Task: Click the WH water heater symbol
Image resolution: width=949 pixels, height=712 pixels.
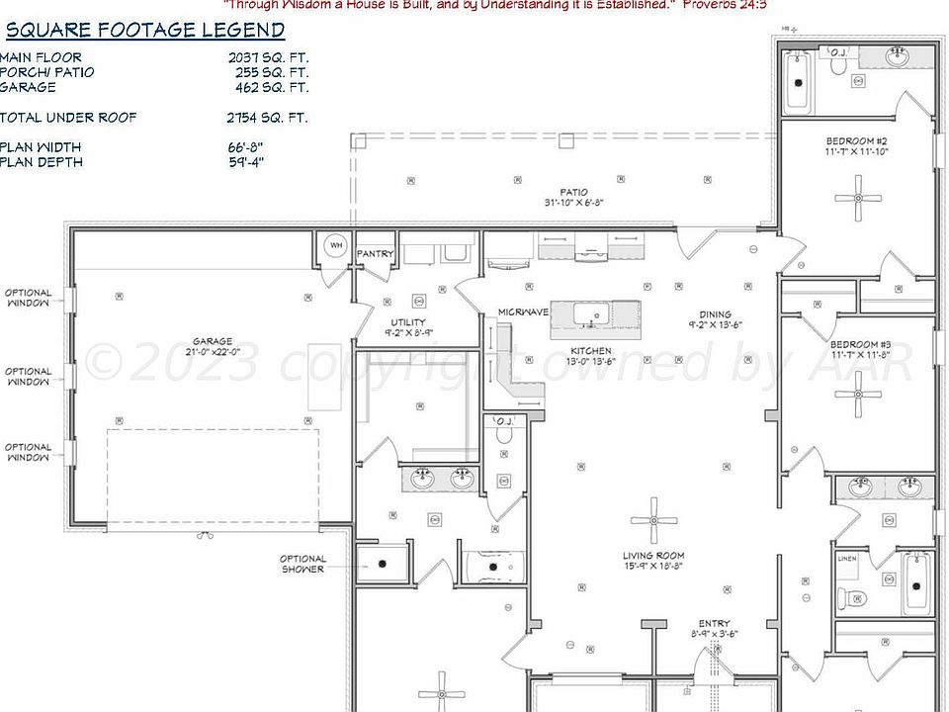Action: click(x=335, y=245)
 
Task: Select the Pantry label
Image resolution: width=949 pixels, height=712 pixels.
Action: click(x=375, y=254)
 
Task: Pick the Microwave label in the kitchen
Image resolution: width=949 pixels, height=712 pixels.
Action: click(x=523, y=312)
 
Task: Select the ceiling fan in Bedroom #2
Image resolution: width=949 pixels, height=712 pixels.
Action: click(x=857, y=198)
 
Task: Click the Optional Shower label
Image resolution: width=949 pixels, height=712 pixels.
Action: click(x=302, y=564)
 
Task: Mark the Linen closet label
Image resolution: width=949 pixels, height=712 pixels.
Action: click(x=847, y=560)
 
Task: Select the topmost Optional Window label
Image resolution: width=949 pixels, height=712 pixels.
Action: click(x=28, y=299)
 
